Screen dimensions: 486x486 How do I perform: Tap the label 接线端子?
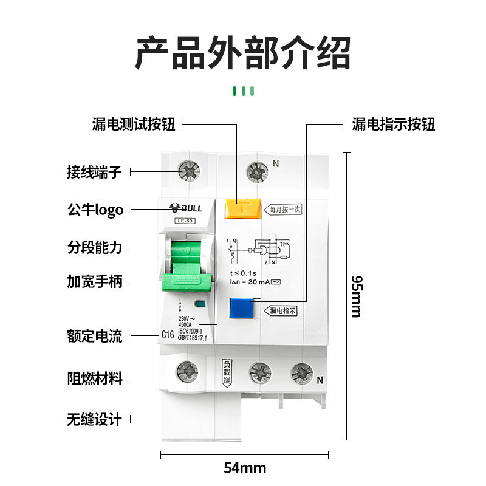94,172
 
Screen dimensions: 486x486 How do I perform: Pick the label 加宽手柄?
94,281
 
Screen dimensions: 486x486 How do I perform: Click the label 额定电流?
94,335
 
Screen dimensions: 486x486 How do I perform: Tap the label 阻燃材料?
94,378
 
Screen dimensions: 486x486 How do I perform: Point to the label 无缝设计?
94,419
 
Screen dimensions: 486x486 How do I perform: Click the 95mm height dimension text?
357,296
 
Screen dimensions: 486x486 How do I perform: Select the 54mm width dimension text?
245,468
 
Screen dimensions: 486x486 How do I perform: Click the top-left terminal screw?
190,171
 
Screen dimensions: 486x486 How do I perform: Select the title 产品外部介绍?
243,53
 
